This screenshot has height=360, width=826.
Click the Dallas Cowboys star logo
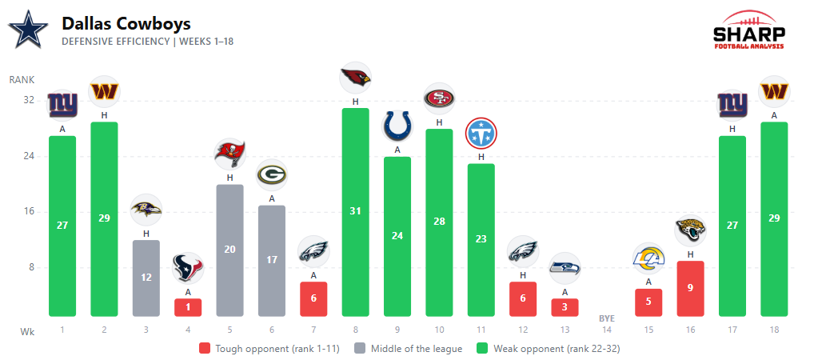click(x=28, y=30)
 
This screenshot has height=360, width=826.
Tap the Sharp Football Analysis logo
click(x=748, y=31)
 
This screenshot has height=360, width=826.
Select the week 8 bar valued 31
click(x=355, y=212)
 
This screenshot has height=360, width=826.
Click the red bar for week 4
click(x=188, y=307)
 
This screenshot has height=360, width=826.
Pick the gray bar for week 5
click(x=229, y=250)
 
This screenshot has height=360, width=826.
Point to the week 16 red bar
click(x=690, y=288)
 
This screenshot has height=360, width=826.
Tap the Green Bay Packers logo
click(x=272, y=175)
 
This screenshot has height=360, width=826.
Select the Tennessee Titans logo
click(x=481, y=134)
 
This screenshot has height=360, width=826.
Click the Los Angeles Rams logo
click(x=648, y=258)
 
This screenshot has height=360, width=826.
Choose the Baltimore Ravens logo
click(x=146, y=210)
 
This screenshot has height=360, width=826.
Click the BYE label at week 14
click(x=607, y=319)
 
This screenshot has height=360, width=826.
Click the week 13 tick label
click(x=565, y=330)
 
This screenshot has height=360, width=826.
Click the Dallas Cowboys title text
click(x=126, y=24)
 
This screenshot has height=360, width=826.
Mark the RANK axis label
click(x=22, y=80)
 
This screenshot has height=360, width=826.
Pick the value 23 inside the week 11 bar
click(x=481, y=238)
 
